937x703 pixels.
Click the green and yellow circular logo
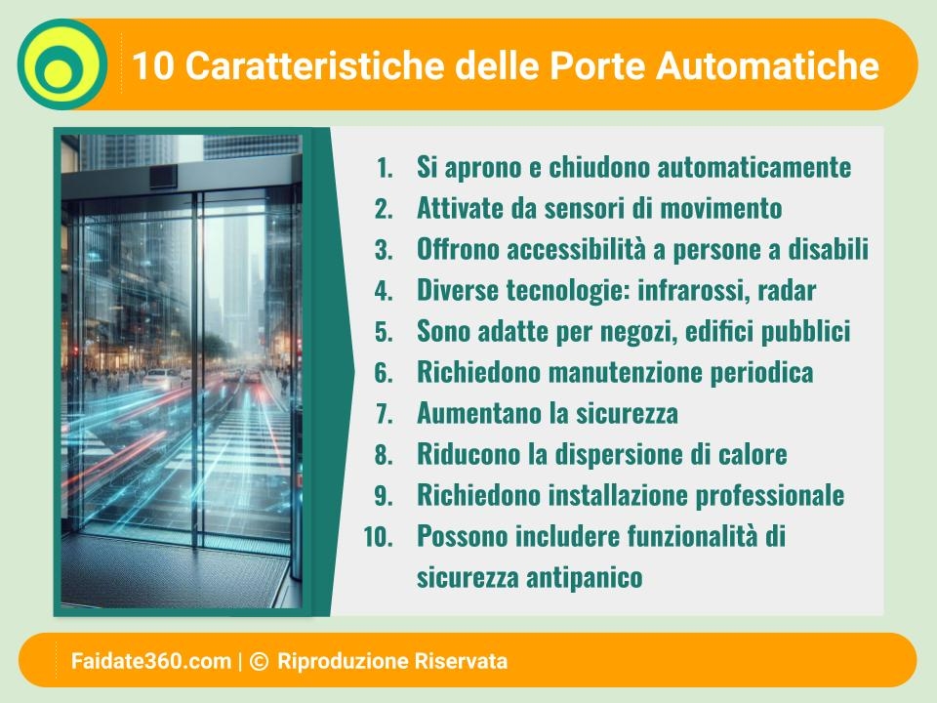pyautogui.click(x=62, y=64)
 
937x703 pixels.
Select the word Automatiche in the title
pyautogui.click(x=768, y=65)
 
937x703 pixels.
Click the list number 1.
pyautogui.click(x=385, y=168)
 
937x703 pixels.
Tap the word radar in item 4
pyautogui.click(x=787, y=291)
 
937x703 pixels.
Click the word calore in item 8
pyautogui.click(x=753, y=454)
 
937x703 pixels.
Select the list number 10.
pyautogui.click(x=379, y=537)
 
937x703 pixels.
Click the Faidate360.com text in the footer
pyautogui.click(x=151, y=661)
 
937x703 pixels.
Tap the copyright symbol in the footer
pyautogui.click(x=259, y=661)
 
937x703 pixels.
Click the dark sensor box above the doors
pyautogui.click(x=163, y=177)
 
